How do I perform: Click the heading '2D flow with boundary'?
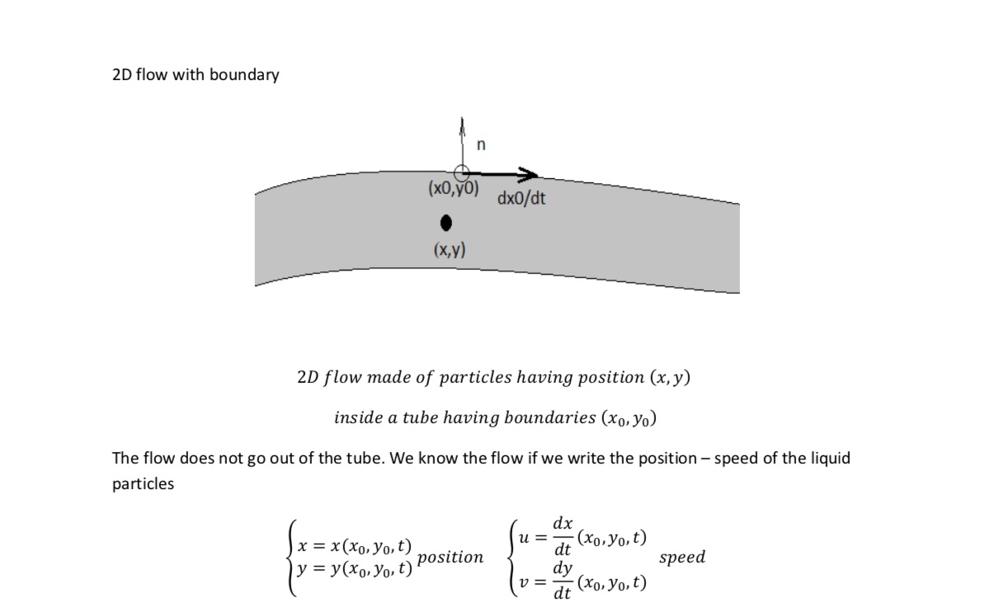[x=196, y=75]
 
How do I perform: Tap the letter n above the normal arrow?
[x=482, y=145]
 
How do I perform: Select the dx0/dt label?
[x=521, y=199]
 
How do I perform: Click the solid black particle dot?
[x=446, y=223]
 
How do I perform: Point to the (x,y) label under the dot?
[x=449, y=249]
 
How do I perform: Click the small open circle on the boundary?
[x=462, y=173]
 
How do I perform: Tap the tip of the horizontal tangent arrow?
[x=536, y=174]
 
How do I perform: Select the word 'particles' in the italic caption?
[x=475, y=378]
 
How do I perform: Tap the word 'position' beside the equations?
[x=450, y=558]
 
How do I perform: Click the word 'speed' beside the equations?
[x=682, y=558]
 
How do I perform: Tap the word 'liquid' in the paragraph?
[x=826, y=459]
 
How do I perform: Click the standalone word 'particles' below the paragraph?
[x=143, y=484]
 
